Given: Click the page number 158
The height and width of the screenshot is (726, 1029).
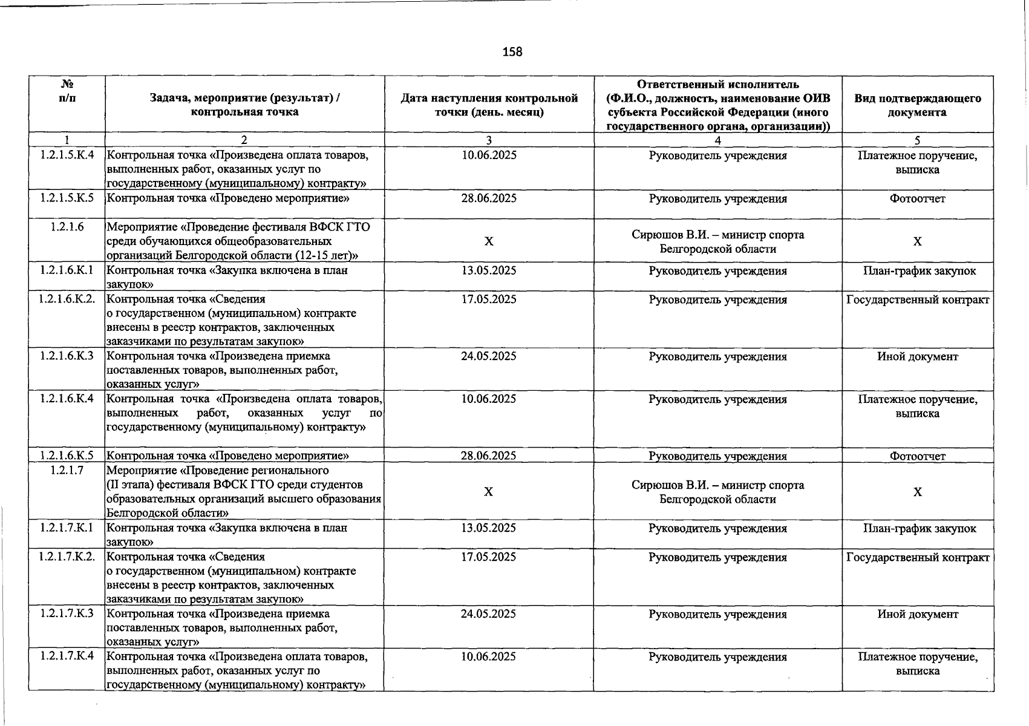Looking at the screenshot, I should tap(512, 52).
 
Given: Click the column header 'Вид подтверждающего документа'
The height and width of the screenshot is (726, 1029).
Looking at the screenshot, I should tap(917, 105).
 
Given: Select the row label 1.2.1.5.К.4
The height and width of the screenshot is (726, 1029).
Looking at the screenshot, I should tap(67, 155).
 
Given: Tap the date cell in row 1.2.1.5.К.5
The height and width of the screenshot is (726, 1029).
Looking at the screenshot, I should tap(489, 198).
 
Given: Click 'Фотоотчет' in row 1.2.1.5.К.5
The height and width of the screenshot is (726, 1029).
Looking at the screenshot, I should tap(917, 198).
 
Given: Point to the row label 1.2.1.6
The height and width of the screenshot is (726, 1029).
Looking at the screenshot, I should tap(67, 227).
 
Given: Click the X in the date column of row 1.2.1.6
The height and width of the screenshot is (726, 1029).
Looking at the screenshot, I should tap(489, 241).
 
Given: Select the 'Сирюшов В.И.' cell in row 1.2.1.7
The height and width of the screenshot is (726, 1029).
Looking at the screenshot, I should tap(717, 492).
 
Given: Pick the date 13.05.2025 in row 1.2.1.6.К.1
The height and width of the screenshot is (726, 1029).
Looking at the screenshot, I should tap(489, 270).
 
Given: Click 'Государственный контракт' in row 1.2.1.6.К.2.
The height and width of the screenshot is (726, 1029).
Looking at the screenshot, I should tap(917, 299).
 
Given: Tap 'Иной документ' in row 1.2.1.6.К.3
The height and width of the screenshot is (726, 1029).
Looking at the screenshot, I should tap(917, 356).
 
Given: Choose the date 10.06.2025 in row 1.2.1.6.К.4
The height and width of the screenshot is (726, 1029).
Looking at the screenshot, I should tap(489, 399).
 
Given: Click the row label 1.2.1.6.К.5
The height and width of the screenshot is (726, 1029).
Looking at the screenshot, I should tap(67, 456).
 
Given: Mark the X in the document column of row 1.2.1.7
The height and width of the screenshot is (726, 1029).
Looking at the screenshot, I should tap(917, 492).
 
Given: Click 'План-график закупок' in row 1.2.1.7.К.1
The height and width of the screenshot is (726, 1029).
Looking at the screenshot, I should tap(919, 528).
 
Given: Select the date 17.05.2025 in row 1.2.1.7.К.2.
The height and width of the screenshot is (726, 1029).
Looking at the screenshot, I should tap(489, 557).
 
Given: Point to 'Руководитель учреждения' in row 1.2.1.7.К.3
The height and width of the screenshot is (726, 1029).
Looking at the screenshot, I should tap(717, 614).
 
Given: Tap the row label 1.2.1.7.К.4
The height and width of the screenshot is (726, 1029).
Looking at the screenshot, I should tap(67, 656).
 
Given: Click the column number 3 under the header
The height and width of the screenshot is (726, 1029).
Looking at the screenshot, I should tap(489, 140).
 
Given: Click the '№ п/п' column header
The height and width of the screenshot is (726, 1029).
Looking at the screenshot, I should tap(67, 91).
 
